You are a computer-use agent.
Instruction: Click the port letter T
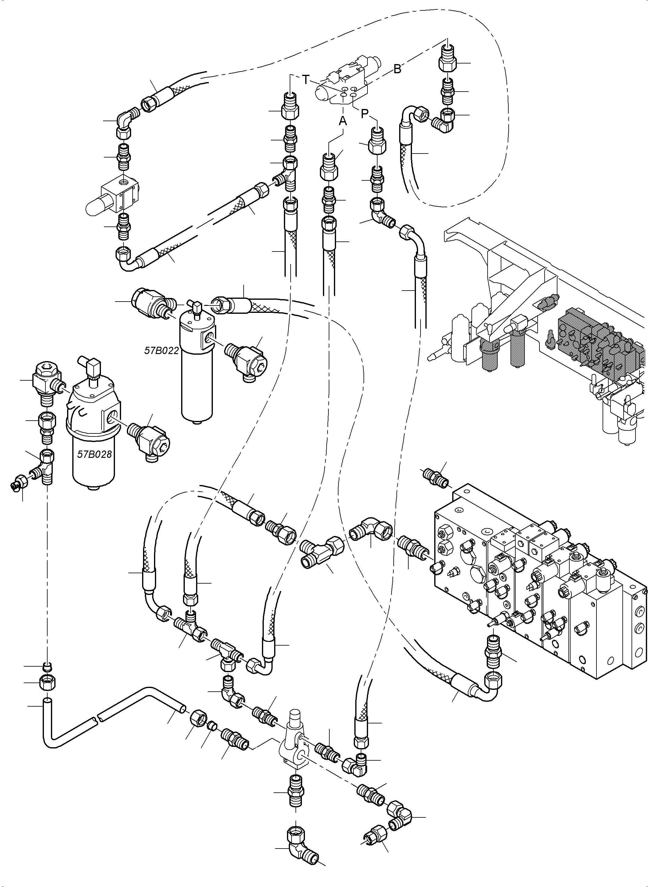(306, 80)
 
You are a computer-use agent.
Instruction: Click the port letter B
(397, 69)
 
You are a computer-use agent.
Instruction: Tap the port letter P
(365, 114)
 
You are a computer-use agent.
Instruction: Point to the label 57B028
(95, 454)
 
